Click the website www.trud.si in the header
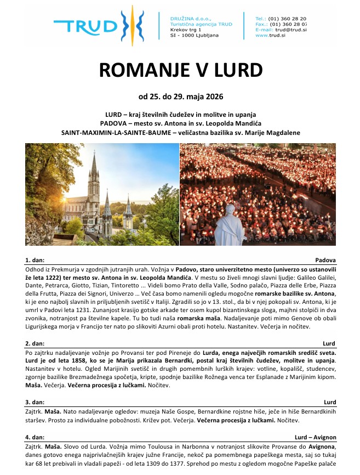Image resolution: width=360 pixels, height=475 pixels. pos(270,35)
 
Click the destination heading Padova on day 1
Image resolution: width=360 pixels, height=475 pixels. pos(325,259)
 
